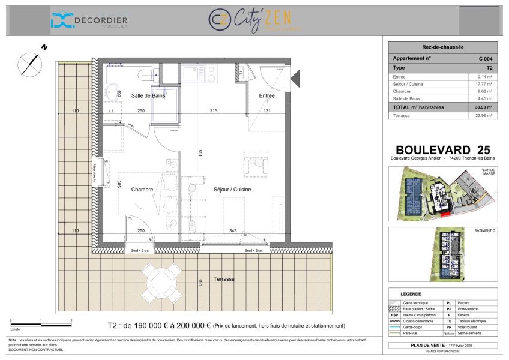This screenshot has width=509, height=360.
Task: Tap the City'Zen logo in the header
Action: [x=254, y=20]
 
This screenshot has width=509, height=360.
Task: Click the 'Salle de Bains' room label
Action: [x=148, y=95]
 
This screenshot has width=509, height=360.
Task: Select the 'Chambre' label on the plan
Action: [x=143, y=190]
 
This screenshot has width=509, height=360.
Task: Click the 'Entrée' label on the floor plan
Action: [x=267, y=95]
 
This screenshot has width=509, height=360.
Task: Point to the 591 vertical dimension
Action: [x=200, y=153]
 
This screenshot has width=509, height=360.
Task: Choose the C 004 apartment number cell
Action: [x=485, y=59]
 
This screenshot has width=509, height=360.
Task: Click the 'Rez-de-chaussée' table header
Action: [x=442, y=47]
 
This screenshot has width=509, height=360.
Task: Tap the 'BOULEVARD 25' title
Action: [x=443, y=149]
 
